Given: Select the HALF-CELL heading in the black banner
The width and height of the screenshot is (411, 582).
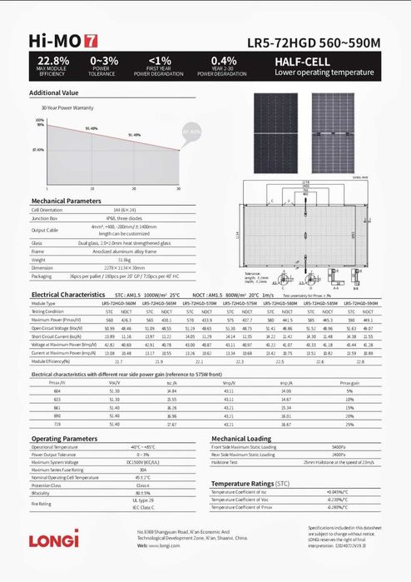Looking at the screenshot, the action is coord(305,62).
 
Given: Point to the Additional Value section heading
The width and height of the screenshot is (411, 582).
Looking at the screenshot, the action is coord(54,92).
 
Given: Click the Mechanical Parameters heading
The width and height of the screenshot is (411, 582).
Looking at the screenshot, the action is coord(67,201).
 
